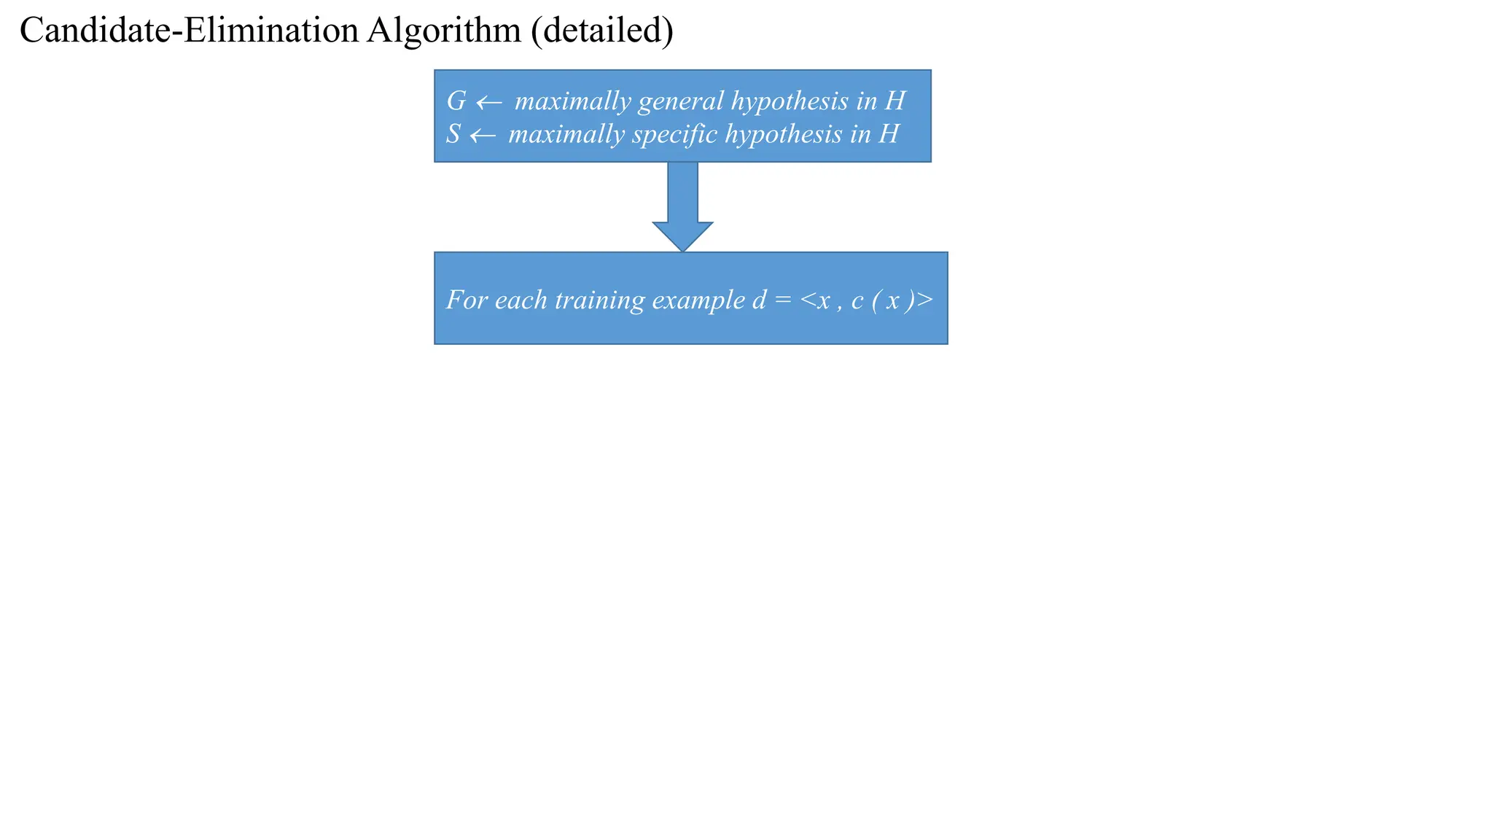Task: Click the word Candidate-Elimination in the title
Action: (190, 31)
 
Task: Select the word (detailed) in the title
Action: (602, 31)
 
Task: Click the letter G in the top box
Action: (456, 101)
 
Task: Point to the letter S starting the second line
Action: (453, 134)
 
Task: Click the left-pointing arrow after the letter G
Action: (489, 103)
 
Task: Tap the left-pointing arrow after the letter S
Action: (483, 136)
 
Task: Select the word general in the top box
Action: (680, 101)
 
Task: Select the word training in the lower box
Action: (599, 300)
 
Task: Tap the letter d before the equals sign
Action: (759, 300)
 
